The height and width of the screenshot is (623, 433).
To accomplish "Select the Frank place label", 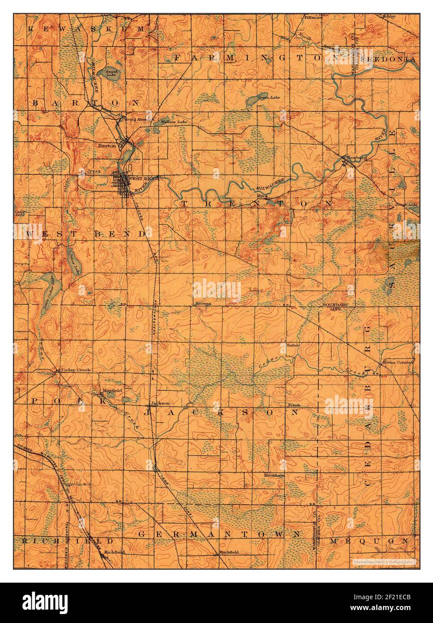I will coord(293,405).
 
